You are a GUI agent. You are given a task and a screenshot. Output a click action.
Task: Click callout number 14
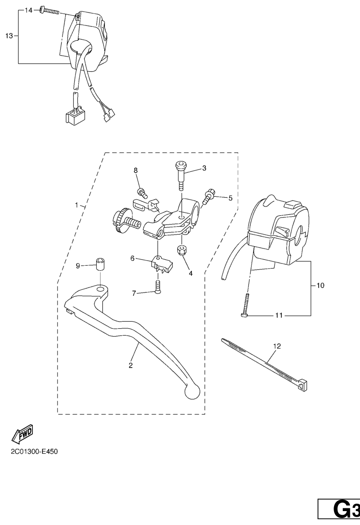click(x=28, y=10)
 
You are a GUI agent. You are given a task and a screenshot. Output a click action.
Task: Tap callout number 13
click(x=9, y=36)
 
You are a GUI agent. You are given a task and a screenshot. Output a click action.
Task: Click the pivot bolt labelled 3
click(x=180, y=175)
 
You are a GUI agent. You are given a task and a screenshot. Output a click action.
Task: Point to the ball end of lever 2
click(x=192, y=391)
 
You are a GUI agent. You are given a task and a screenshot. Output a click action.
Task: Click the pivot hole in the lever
click(x=101, y=288)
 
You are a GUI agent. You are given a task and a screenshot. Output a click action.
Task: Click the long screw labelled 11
click(x=246, y=305)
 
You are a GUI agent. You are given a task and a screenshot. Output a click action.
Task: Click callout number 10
click(x=320, y=286)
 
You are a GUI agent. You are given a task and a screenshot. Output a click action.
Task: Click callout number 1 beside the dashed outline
click(x=76, y=205)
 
